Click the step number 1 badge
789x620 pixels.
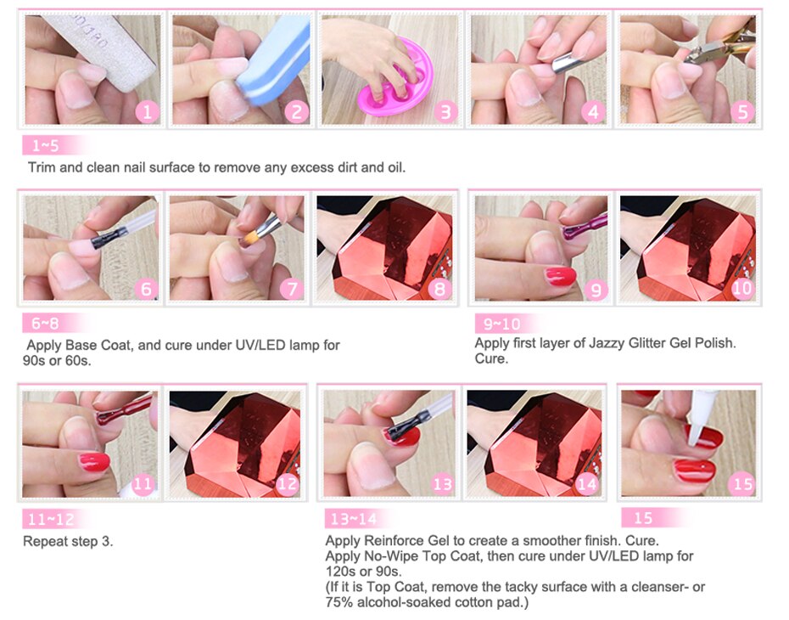point(147,112)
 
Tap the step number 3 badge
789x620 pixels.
point(445,112)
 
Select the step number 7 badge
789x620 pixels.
point(292,289)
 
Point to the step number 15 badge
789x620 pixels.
point(742,484)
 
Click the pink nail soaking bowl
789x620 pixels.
point(396,81)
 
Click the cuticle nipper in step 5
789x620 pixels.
point(720,45)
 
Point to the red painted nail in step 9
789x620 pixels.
point(561,277)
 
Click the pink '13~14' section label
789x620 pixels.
point(354,519)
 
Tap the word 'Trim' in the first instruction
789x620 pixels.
point(42,167)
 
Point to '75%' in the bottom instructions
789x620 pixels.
point(339,602)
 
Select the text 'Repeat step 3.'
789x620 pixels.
point(68,541)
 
